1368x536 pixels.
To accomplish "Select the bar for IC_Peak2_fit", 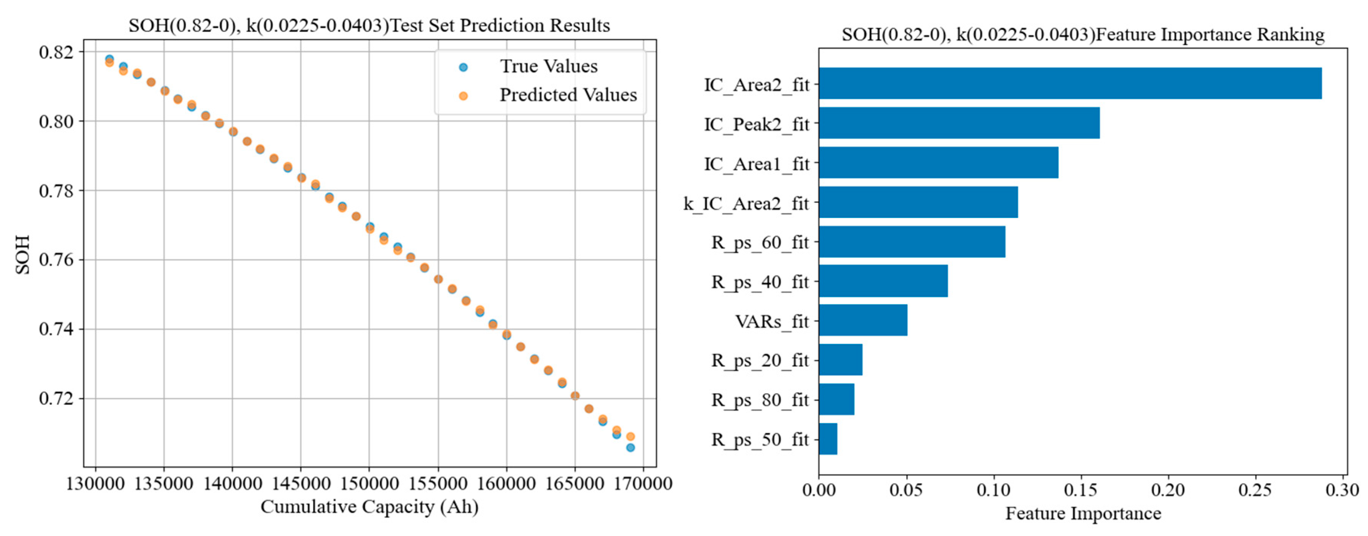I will [x=959, y=123].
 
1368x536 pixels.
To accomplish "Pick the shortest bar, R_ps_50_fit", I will [x=828, y=439].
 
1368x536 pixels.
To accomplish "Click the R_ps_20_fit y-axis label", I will [x=760, y=360].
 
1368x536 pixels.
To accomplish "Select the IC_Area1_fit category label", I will [x=756, y=164].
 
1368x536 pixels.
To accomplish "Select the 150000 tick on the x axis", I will [x=369, y=484].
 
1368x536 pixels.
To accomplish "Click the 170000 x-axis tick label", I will [x=643, y=484].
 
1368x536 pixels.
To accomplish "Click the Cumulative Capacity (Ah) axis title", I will [x=369, y=507].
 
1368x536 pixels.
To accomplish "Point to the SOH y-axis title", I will [x=22, y=255].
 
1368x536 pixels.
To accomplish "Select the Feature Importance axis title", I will [x=1083, y=514].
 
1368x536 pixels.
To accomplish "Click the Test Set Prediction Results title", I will [x=369, y=25].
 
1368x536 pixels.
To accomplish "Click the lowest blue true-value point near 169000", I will [x=631, y=448].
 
